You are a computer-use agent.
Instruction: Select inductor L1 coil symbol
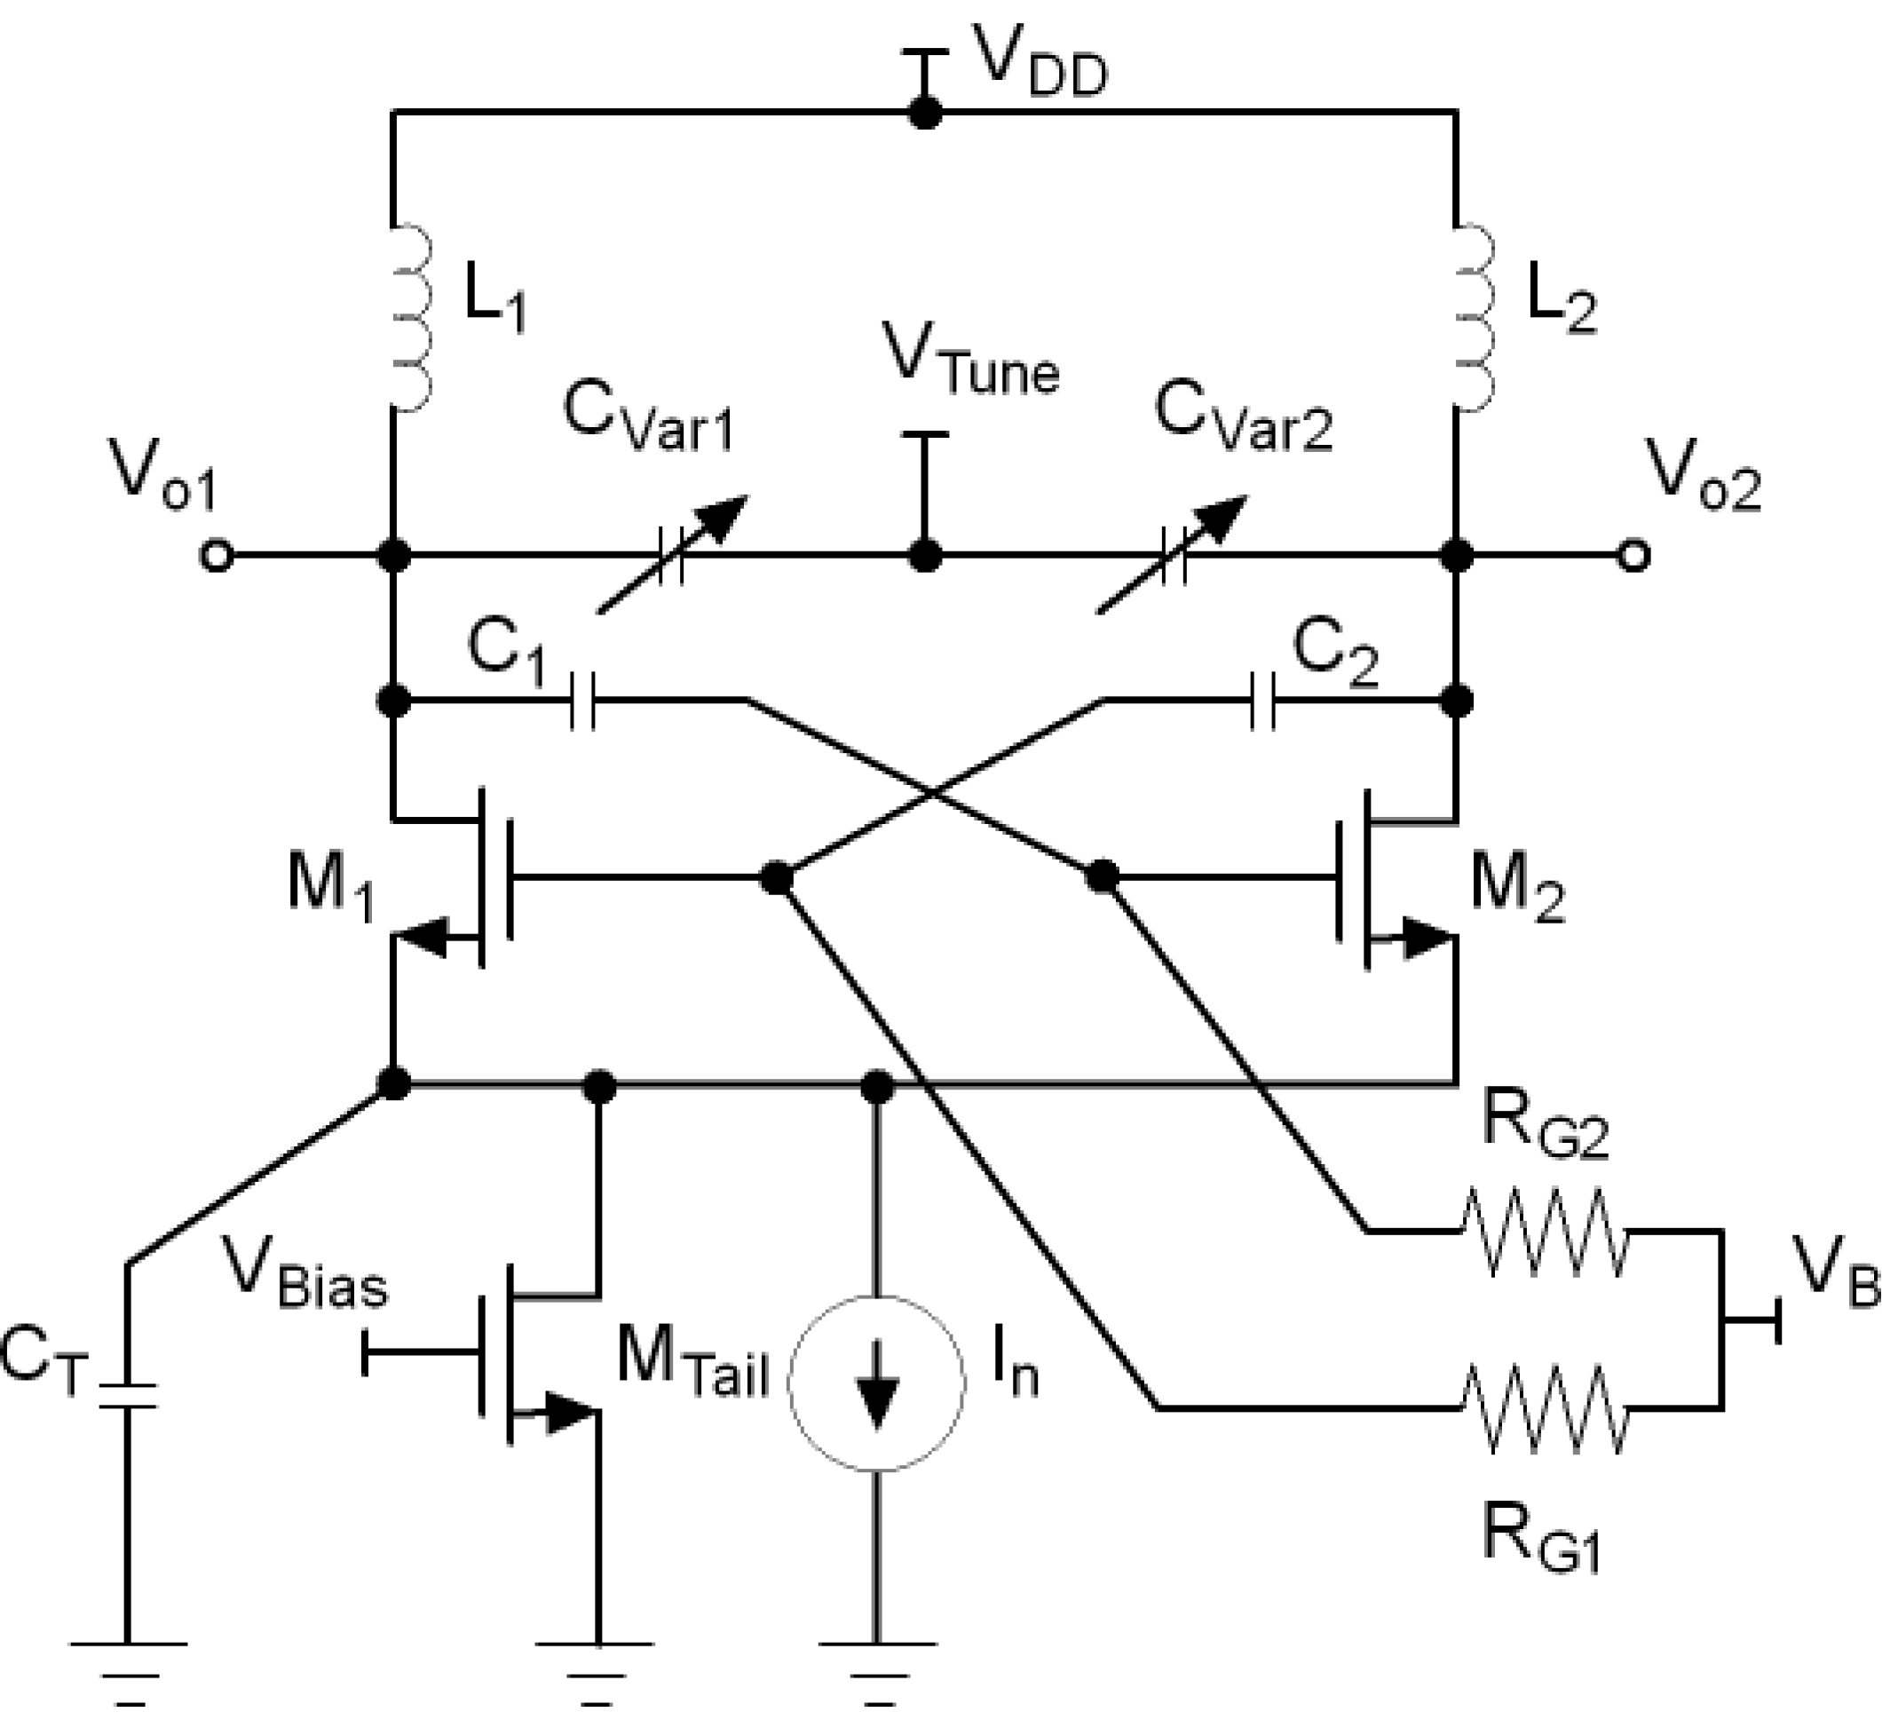(411, 317)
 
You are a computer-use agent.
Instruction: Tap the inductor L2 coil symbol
(1475, 317)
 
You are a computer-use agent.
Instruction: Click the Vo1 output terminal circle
(216, 557)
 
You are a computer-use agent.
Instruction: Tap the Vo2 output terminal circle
(1634, 557)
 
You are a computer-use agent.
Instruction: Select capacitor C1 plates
(582, 701)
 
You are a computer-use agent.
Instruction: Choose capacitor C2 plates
(1264, 701)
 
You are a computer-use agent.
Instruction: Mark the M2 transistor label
(1515, 891)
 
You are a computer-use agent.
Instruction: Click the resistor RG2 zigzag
(1544, 1232)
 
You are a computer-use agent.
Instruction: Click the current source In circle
(876, 1383)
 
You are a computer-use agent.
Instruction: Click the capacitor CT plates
(127, 1397)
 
